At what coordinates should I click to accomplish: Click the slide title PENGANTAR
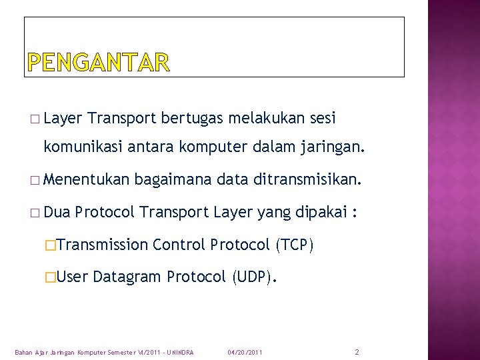click(99, 63)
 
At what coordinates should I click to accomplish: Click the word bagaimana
click(173, 179)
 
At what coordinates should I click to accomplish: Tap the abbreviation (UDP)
click(253, 277)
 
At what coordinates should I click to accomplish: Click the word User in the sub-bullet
click(73, 277)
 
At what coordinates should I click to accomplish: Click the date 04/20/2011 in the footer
click(245, 352)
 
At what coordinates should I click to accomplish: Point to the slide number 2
click(357, 351)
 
